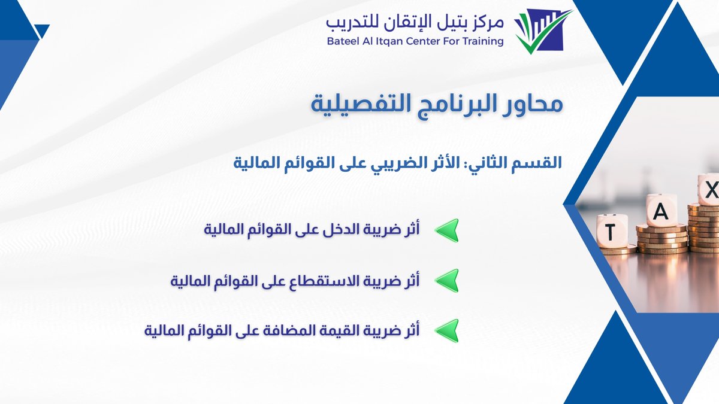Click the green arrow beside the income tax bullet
tap(446, 230)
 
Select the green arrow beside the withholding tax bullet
tap(446, 280)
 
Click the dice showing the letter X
tap(709, 190)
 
